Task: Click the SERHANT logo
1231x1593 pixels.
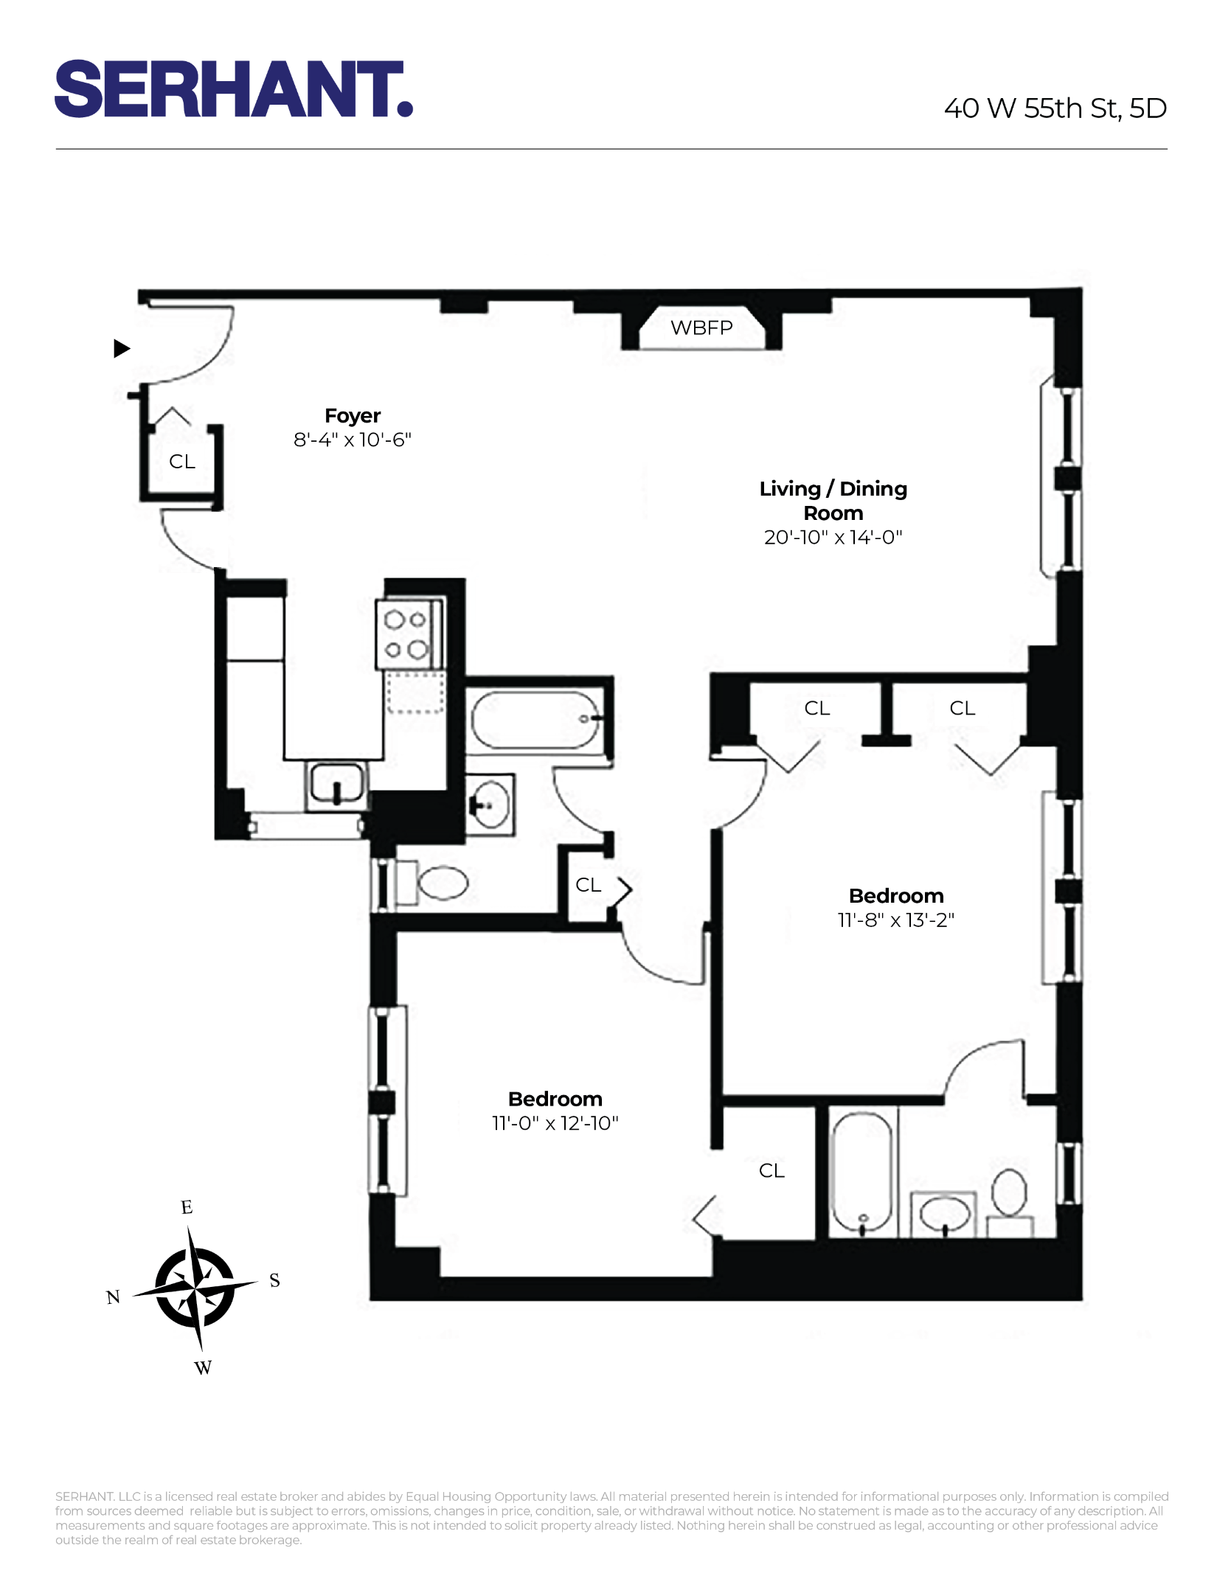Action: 233,89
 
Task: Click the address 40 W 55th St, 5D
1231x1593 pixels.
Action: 1055,108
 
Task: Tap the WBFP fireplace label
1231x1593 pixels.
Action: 701,327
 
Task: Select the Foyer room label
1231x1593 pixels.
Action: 353,416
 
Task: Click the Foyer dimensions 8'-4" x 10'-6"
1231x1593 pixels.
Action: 353,440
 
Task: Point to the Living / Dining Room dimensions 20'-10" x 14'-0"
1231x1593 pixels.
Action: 833,538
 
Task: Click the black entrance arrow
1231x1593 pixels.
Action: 122,348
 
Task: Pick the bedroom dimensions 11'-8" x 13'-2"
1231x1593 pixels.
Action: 895,920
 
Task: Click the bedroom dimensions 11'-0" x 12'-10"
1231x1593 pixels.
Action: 555,1123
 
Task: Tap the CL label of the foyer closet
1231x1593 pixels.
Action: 182,462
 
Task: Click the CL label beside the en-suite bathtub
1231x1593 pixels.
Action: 771,1170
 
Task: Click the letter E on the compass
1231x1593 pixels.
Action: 187,1207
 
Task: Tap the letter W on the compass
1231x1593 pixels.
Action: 203,1368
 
